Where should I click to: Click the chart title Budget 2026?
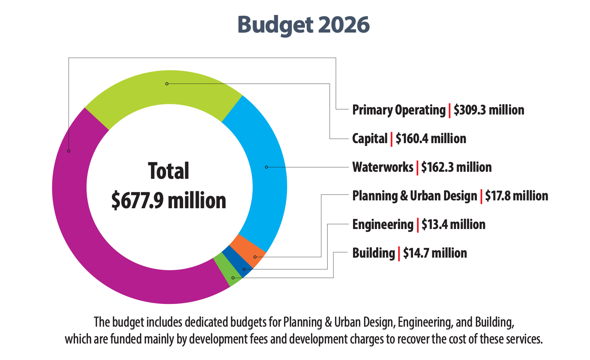[x=303, y=25]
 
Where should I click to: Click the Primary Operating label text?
[x=399, y=110]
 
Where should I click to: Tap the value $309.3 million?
[x=489, y=110]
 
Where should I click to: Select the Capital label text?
[x=370, y=138]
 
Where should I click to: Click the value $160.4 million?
[x=431, y=138]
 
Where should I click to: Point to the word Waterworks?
[x=382, y=167]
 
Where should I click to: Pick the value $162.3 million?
[x=456, y=167]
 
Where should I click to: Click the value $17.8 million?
[x=517, y=196]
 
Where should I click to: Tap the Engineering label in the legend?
[x=382, y=224]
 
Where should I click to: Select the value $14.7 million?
[x=435, y=253]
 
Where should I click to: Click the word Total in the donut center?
[x=169, y=171]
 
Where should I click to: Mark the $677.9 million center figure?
[x=169, y=200]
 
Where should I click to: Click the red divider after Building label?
[x=399, y=253]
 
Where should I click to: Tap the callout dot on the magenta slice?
[x=69, y=151]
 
